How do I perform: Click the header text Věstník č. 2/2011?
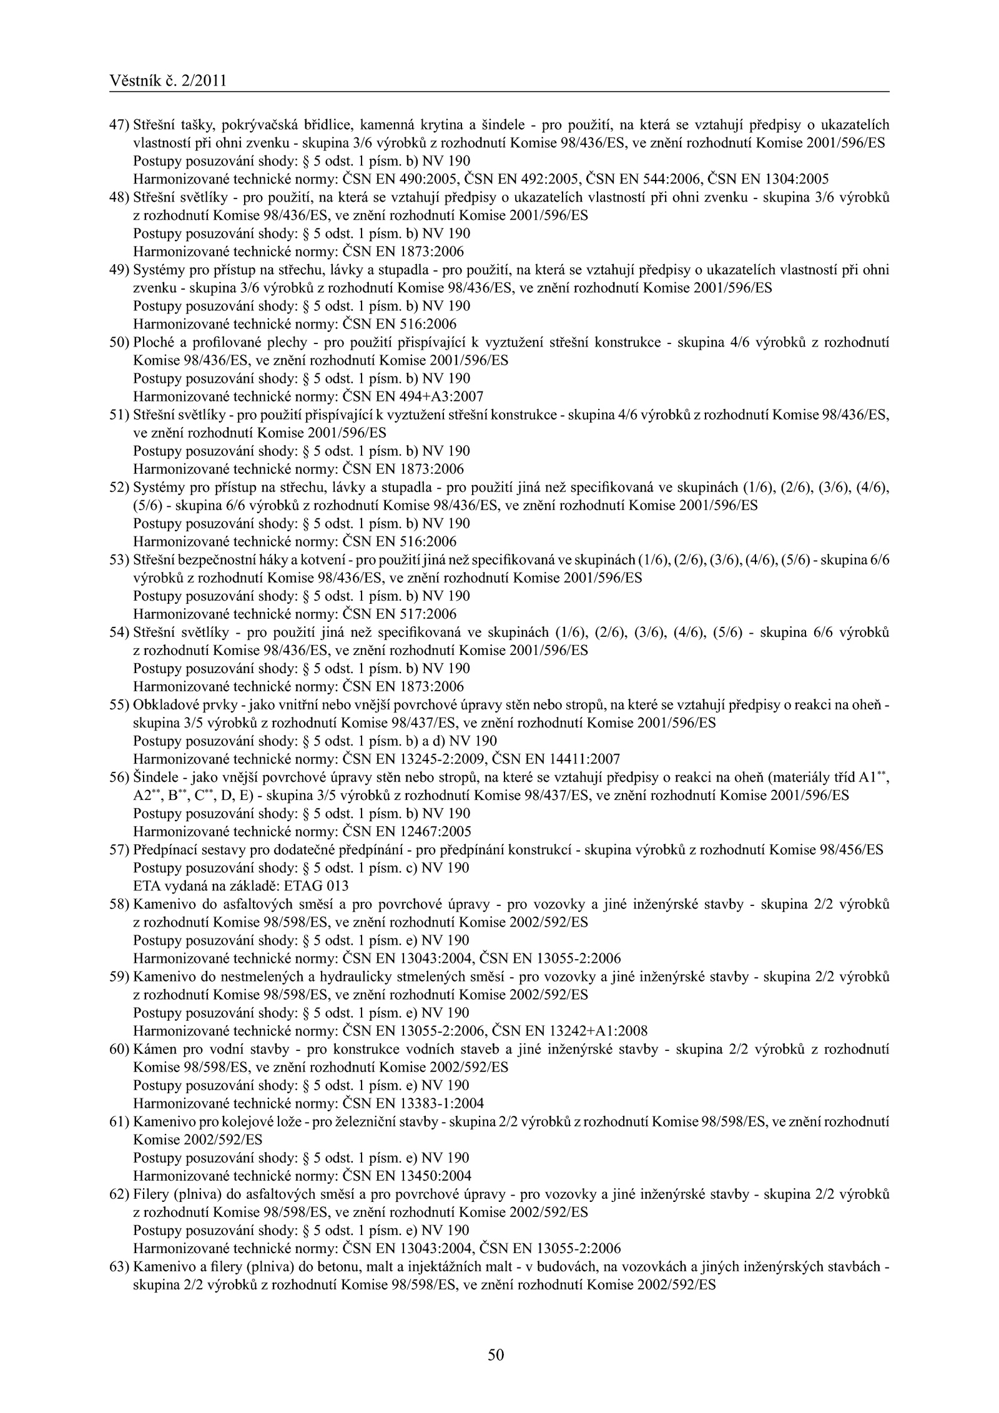tap(167, 81)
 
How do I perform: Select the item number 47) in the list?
tap(119, 125)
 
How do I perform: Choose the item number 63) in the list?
tap(119, 1266)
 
